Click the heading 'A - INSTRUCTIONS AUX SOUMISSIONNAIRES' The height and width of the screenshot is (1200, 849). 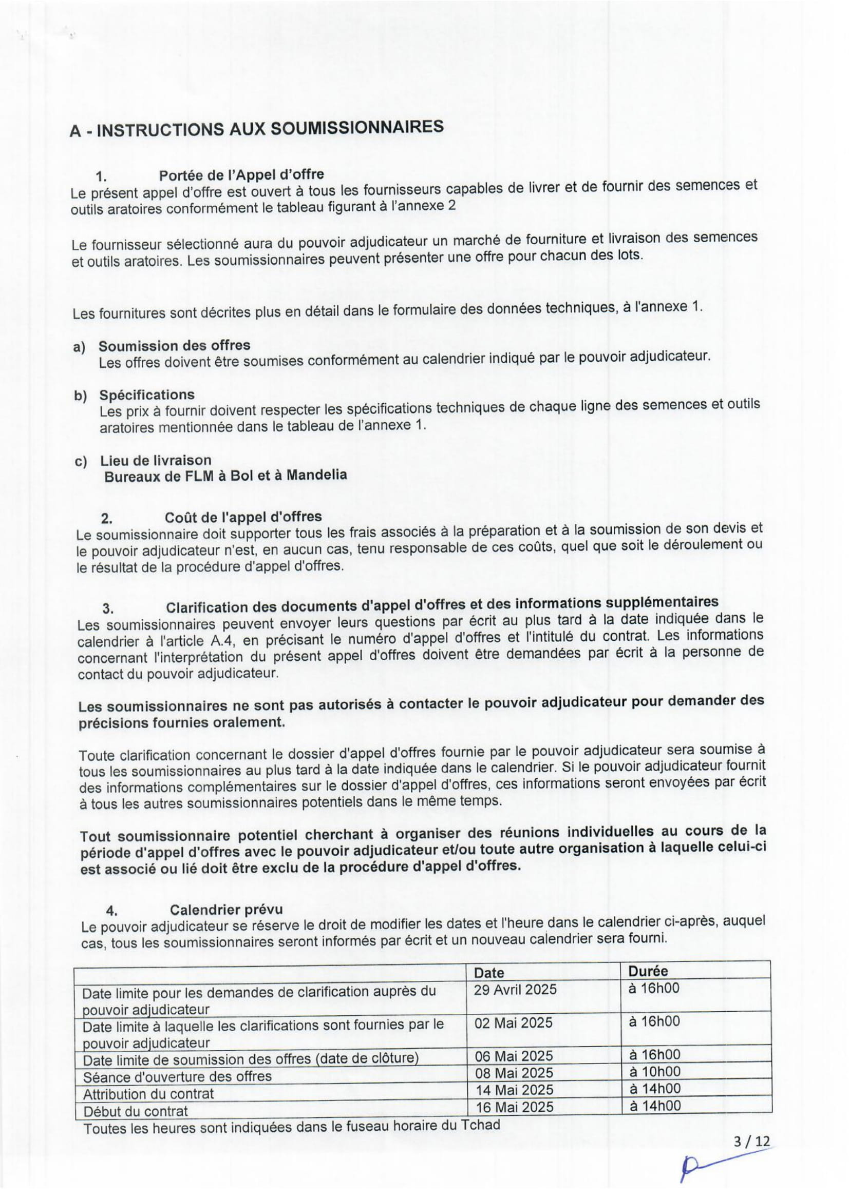256,129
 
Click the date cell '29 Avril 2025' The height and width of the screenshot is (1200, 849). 515,989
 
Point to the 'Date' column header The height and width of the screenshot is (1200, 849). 488,973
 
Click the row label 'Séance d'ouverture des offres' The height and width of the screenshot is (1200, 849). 177,1076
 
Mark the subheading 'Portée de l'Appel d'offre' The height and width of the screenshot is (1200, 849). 241,174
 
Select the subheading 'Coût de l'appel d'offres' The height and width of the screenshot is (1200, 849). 243,517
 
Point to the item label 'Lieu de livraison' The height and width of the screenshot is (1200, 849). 155,460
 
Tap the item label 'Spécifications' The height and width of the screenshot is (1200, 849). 146,395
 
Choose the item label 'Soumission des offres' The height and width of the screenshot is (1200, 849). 174,345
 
